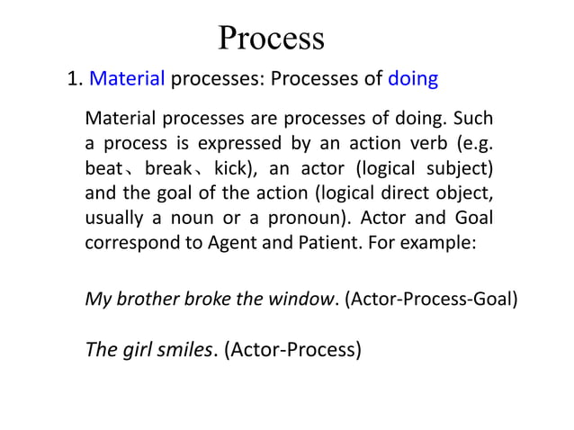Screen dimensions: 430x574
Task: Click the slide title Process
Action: pos(271,38)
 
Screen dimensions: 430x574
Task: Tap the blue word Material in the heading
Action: pos(128,79)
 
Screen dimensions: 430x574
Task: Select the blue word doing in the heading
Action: pos(413,79)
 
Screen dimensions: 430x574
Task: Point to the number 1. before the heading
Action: pos(76,79)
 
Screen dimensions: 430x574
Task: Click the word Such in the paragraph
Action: pos(475,119)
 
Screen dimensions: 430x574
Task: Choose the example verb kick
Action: pos(232,168)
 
